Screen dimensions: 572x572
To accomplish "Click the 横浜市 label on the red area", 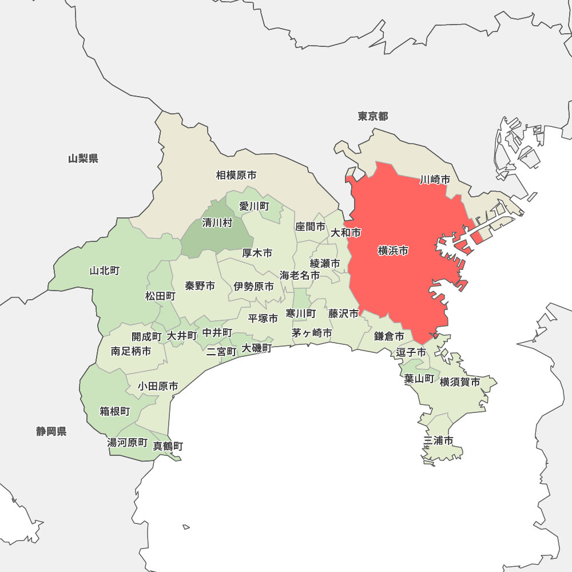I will tap(394, 251).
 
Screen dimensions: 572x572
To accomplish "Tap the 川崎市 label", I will tap(435, 180).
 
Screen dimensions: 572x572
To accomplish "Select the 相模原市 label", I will tap(236, 175).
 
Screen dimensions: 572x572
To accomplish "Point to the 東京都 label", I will tap(373, 117).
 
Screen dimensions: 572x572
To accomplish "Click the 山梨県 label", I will tap(83, 158).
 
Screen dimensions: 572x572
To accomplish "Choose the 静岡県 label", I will tap(51, 431).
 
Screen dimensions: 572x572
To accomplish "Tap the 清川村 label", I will tap(217, 223).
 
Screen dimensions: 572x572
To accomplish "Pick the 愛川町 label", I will tap(254, 206).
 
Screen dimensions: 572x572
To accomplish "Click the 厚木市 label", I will tap(257, 253).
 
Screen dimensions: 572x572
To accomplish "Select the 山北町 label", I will tap(105, 271).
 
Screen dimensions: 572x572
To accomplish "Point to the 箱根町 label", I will tap(115, 411).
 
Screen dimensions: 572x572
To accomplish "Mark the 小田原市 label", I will tap(158, 387).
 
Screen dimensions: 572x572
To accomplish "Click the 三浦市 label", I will tap(439, 440).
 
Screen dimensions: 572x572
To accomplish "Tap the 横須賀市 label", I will tap(460, 382).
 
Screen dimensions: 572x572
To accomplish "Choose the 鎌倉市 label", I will tap(390, 336).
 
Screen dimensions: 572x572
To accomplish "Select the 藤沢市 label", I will tap(344, 313).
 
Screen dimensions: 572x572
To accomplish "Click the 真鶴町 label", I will tap(168, 446).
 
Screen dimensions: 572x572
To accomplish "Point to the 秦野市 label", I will tap(200, 285).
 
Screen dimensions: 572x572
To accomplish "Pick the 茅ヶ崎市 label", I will tap(312, 332).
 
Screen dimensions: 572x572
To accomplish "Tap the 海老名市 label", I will tap(300, 275).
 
